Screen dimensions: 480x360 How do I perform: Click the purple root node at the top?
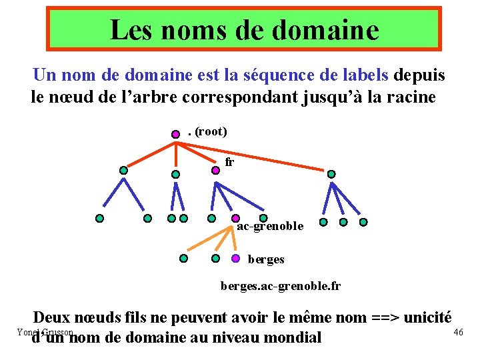(175, 133)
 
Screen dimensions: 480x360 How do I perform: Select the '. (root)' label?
(207, 132)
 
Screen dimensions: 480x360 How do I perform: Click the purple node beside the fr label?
(215, 170)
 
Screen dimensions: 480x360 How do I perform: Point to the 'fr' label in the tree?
(230, 162)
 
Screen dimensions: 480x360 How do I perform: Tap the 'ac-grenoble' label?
(270, 227)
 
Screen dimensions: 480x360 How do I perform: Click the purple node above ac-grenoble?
(236, 218)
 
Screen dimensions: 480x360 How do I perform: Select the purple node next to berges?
(236, 259)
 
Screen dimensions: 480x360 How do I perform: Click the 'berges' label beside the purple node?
(266, 259)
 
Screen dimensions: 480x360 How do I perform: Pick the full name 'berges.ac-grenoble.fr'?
(281, 287)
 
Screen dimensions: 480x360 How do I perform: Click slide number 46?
(458, 332)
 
